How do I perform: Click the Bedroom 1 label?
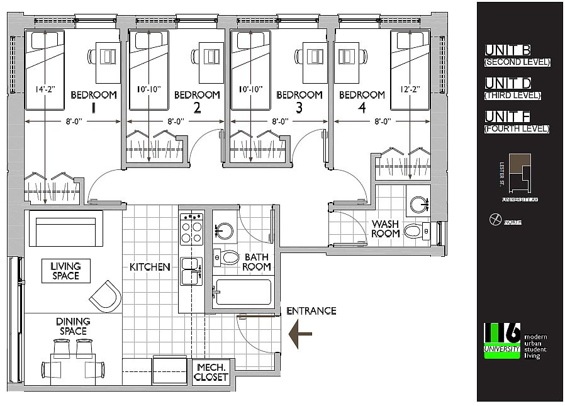(x=94, y=101)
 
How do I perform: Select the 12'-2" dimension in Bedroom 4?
(x=410, y=89)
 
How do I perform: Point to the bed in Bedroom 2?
(x=149, y=60)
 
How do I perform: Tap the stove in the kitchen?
(x=191, y=229)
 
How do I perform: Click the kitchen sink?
(x=191, y=271)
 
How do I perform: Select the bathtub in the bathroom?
(x=243, y=292)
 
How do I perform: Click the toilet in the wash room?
(x=416, y=232)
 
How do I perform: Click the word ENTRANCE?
(x=311, y=310)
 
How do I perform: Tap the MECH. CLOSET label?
(x=211, y=372)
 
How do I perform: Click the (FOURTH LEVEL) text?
(x=517, y=129)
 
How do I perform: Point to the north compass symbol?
(x=495, y=220)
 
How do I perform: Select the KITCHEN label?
(x=150, y=267)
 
